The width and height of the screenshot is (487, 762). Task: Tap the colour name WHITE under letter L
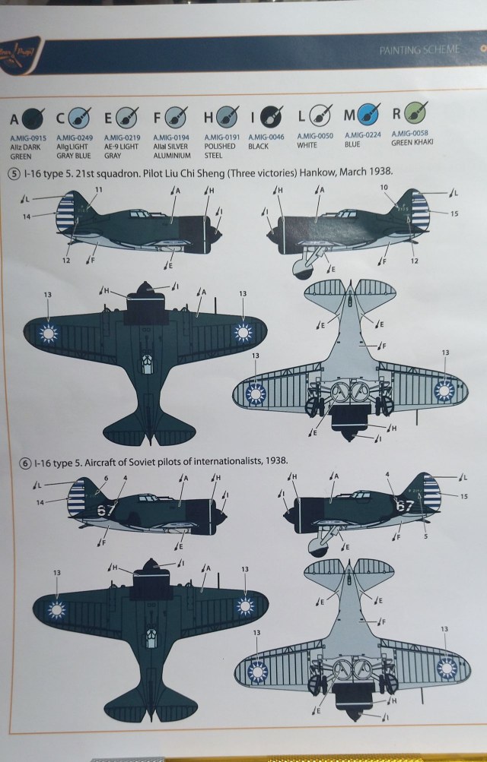pos(307,146)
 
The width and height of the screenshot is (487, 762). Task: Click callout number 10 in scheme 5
pos(384,187)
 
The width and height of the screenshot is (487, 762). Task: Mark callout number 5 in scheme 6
pos(425,536)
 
